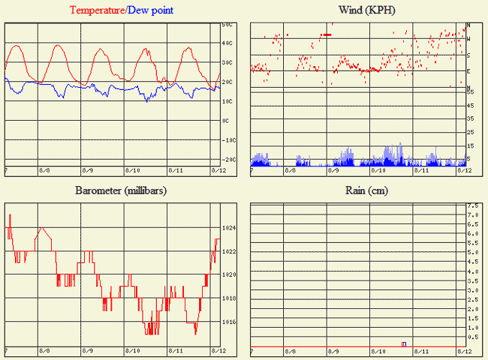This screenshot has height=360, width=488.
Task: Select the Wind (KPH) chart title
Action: coord(367,10)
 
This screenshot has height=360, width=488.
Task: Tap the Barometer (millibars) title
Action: coord(120,190)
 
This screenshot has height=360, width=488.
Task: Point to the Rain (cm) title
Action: coord(366,190)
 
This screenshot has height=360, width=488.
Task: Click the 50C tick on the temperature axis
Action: coord(227,24)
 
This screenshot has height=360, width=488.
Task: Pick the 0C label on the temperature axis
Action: coord(226,121)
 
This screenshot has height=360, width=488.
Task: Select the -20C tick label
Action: coord(228,160)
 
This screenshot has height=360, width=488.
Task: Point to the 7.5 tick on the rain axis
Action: coord(474,205)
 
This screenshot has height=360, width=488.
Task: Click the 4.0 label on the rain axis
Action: coord(474,271)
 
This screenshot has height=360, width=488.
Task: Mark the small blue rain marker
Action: coord(404,343)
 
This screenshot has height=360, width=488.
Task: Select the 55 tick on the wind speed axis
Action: coord(470,91)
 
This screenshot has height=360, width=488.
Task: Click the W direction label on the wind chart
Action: coord(468,39)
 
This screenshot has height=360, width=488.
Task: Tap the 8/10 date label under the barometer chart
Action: coord(132,351)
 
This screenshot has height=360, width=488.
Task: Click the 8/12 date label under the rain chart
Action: coord(463,351)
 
